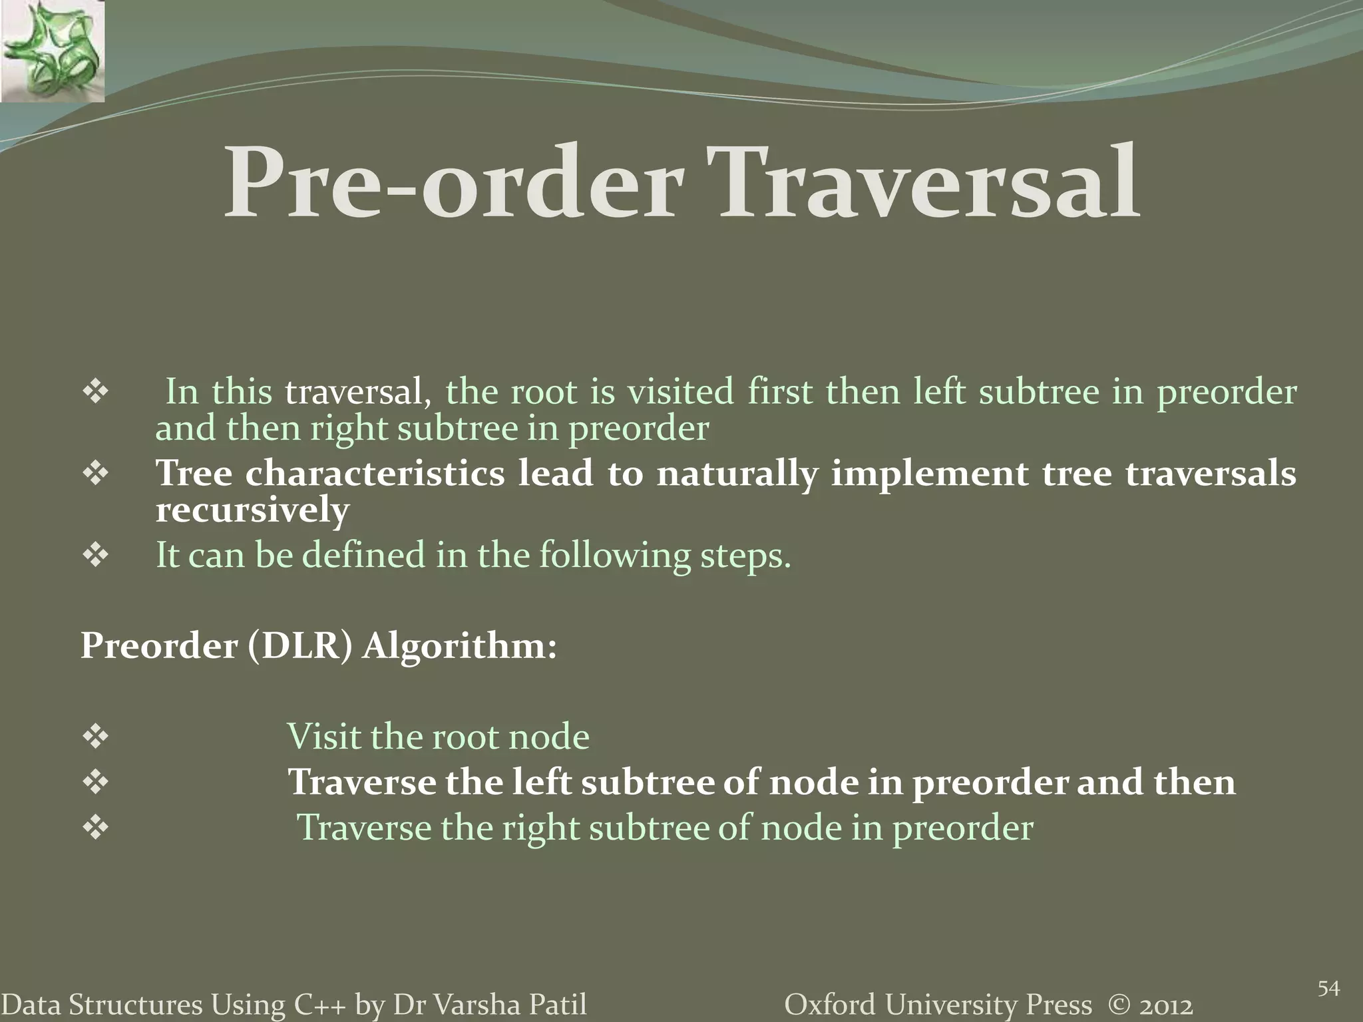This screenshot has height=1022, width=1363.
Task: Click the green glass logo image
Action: (x=52, y=51)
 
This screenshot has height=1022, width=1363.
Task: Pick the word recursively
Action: (x=252, y=511)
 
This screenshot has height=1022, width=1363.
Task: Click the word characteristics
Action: (x=375, y=474)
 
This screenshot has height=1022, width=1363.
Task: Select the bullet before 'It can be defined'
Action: (x=95, y=556)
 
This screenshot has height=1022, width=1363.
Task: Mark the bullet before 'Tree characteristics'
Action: (x=95, y=474)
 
